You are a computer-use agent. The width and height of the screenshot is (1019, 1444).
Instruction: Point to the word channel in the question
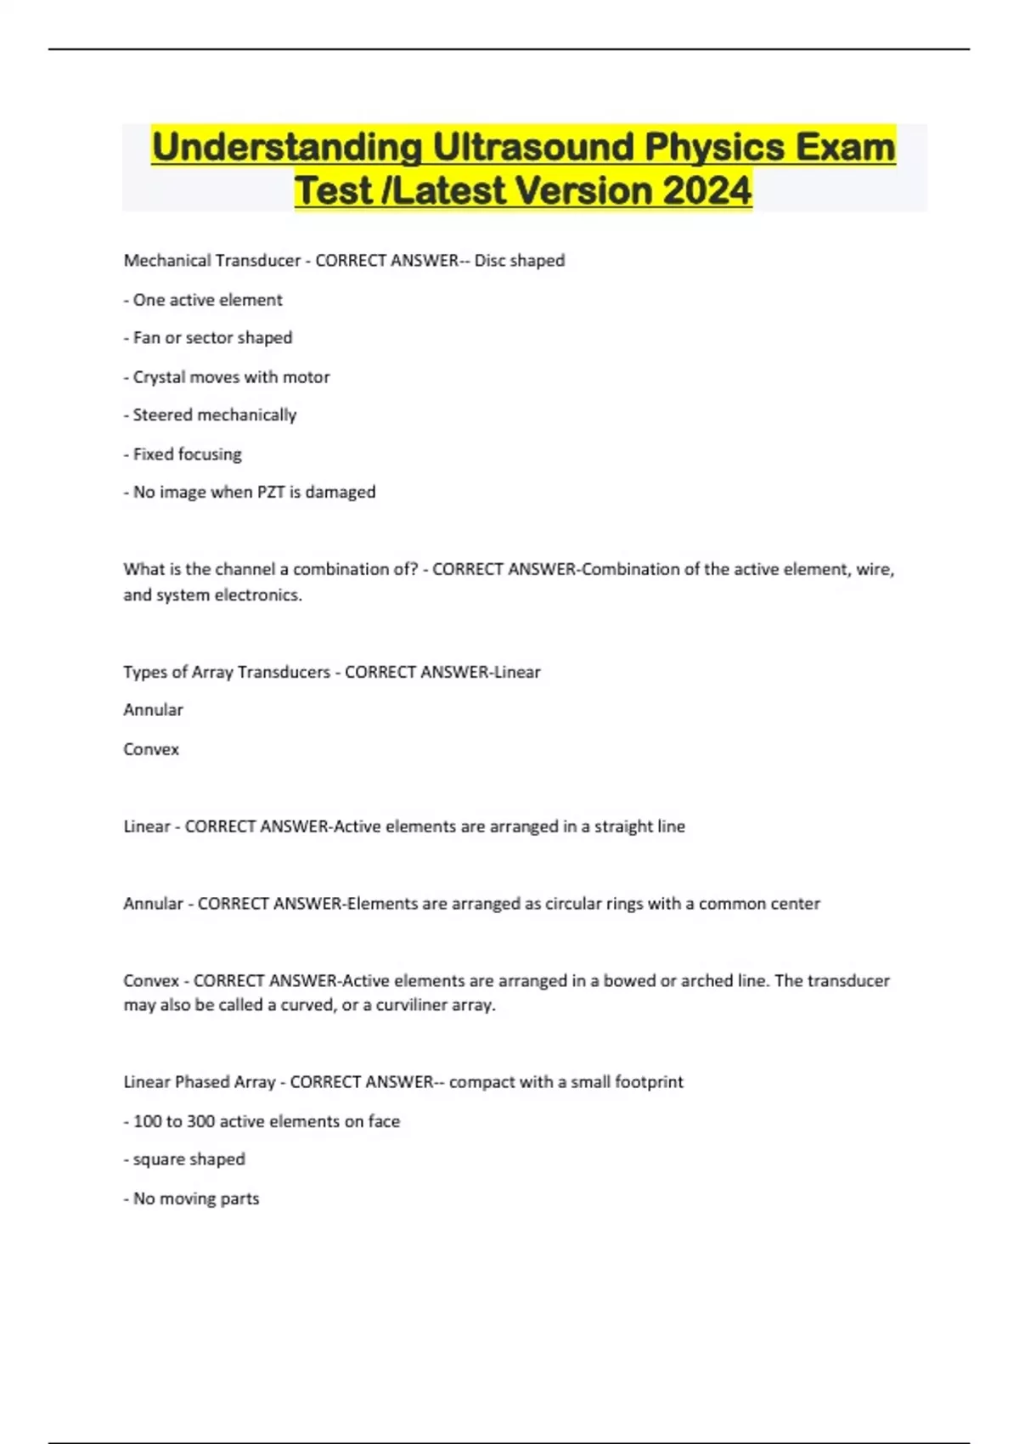pos(246,569)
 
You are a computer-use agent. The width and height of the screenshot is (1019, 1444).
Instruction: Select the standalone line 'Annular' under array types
pos(153,710)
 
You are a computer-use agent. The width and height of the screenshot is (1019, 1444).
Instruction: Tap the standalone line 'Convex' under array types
pos(151,749)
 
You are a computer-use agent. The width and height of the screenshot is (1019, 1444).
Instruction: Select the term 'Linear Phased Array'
pos(200,1082)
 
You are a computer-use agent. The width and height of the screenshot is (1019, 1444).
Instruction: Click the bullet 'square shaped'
pos(189,1159)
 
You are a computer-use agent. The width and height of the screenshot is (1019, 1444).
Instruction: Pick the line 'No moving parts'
pos(195,1199)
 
